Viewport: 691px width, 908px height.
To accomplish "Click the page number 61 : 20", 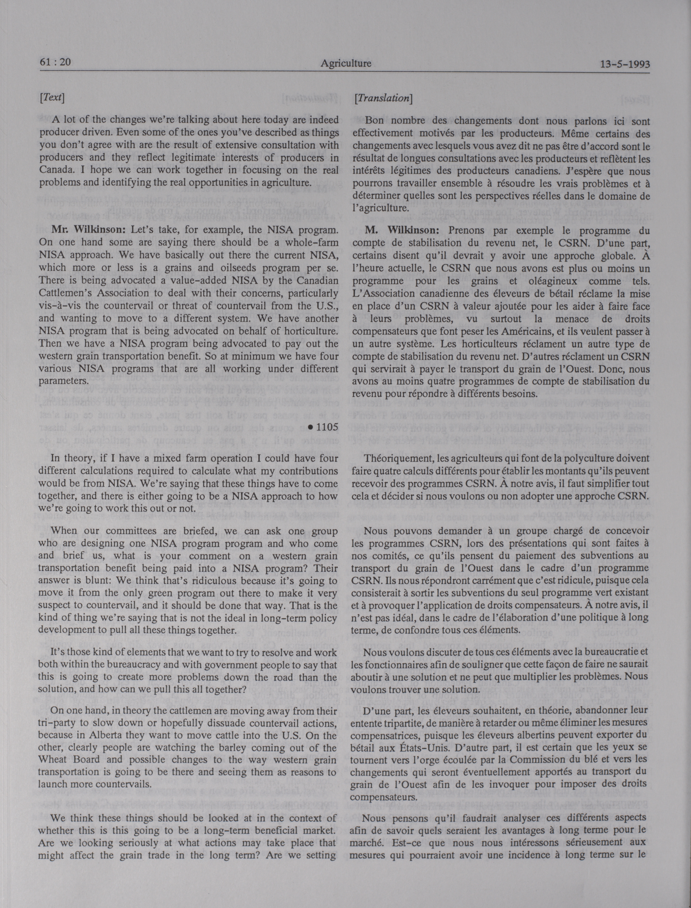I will [55, 62].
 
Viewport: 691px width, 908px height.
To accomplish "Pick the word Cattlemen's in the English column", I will [67, 293].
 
